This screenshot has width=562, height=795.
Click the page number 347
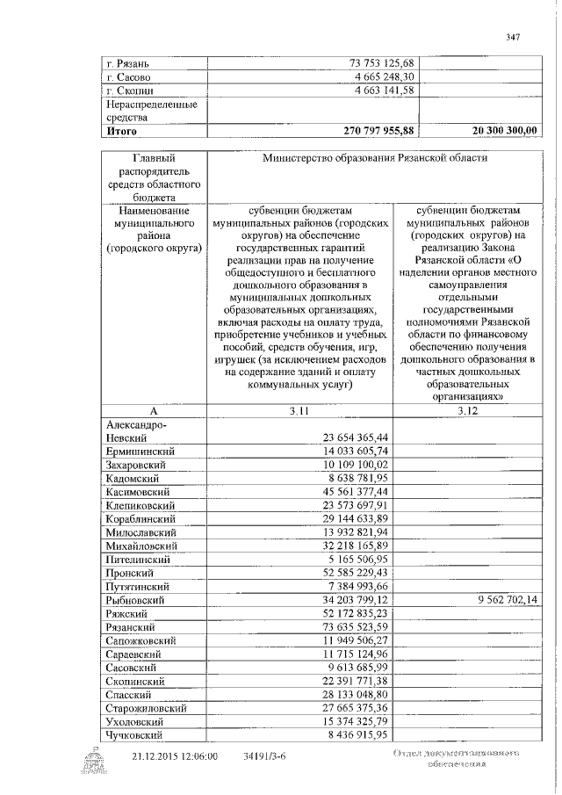pos(514,36)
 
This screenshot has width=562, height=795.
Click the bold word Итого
pos(122,130)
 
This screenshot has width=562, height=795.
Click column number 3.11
pos(300,410)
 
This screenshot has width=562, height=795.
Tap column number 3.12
pos(466,410)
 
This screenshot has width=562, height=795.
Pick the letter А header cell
pos(152,410)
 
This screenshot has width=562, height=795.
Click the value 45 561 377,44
pos(350,492)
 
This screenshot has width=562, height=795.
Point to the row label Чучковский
pos(135,734)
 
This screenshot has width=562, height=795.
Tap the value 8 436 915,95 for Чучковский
pos(354,734)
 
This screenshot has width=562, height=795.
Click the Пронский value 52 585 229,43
pos(350,573)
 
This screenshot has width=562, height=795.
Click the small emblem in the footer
pos(93,761)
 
